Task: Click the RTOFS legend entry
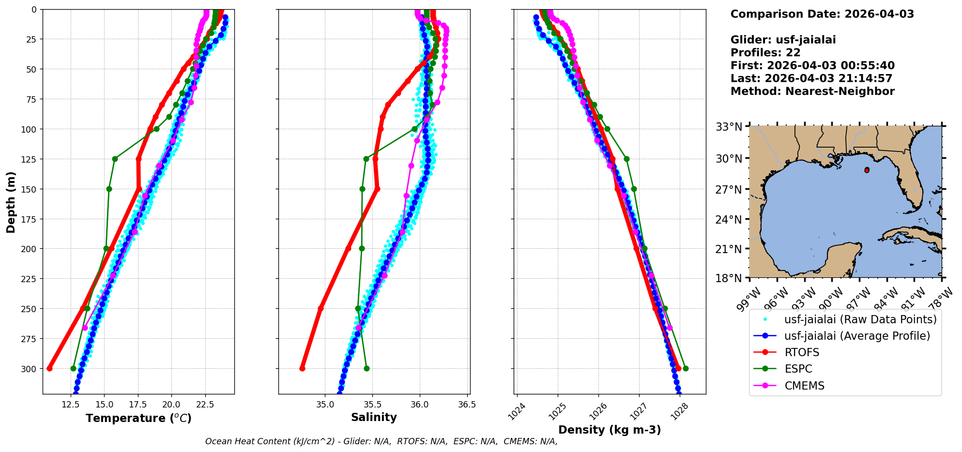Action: point(802,352)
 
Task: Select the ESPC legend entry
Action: point(798,369)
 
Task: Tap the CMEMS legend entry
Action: point(804,386)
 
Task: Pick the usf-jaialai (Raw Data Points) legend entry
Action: point(860,319)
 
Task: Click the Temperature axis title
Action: point(138,418)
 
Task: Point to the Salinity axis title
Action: point(374,417)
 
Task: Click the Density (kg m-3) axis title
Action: point(610,430)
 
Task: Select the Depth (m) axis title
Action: point(11,202)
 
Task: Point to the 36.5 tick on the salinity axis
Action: point(466,405)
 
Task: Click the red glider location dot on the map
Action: point(867,170)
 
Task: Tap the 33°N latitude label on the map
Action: point(729,127)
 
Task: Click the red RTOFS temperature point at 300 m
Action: point(49,368)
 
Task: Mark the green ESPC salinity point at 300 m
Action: point(366,368)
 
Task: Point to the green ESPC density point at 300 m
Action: point(686,368)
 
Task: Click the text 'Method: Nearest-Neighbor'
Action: point(812,91)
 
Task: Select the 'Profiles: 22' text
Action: point(765,52)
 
